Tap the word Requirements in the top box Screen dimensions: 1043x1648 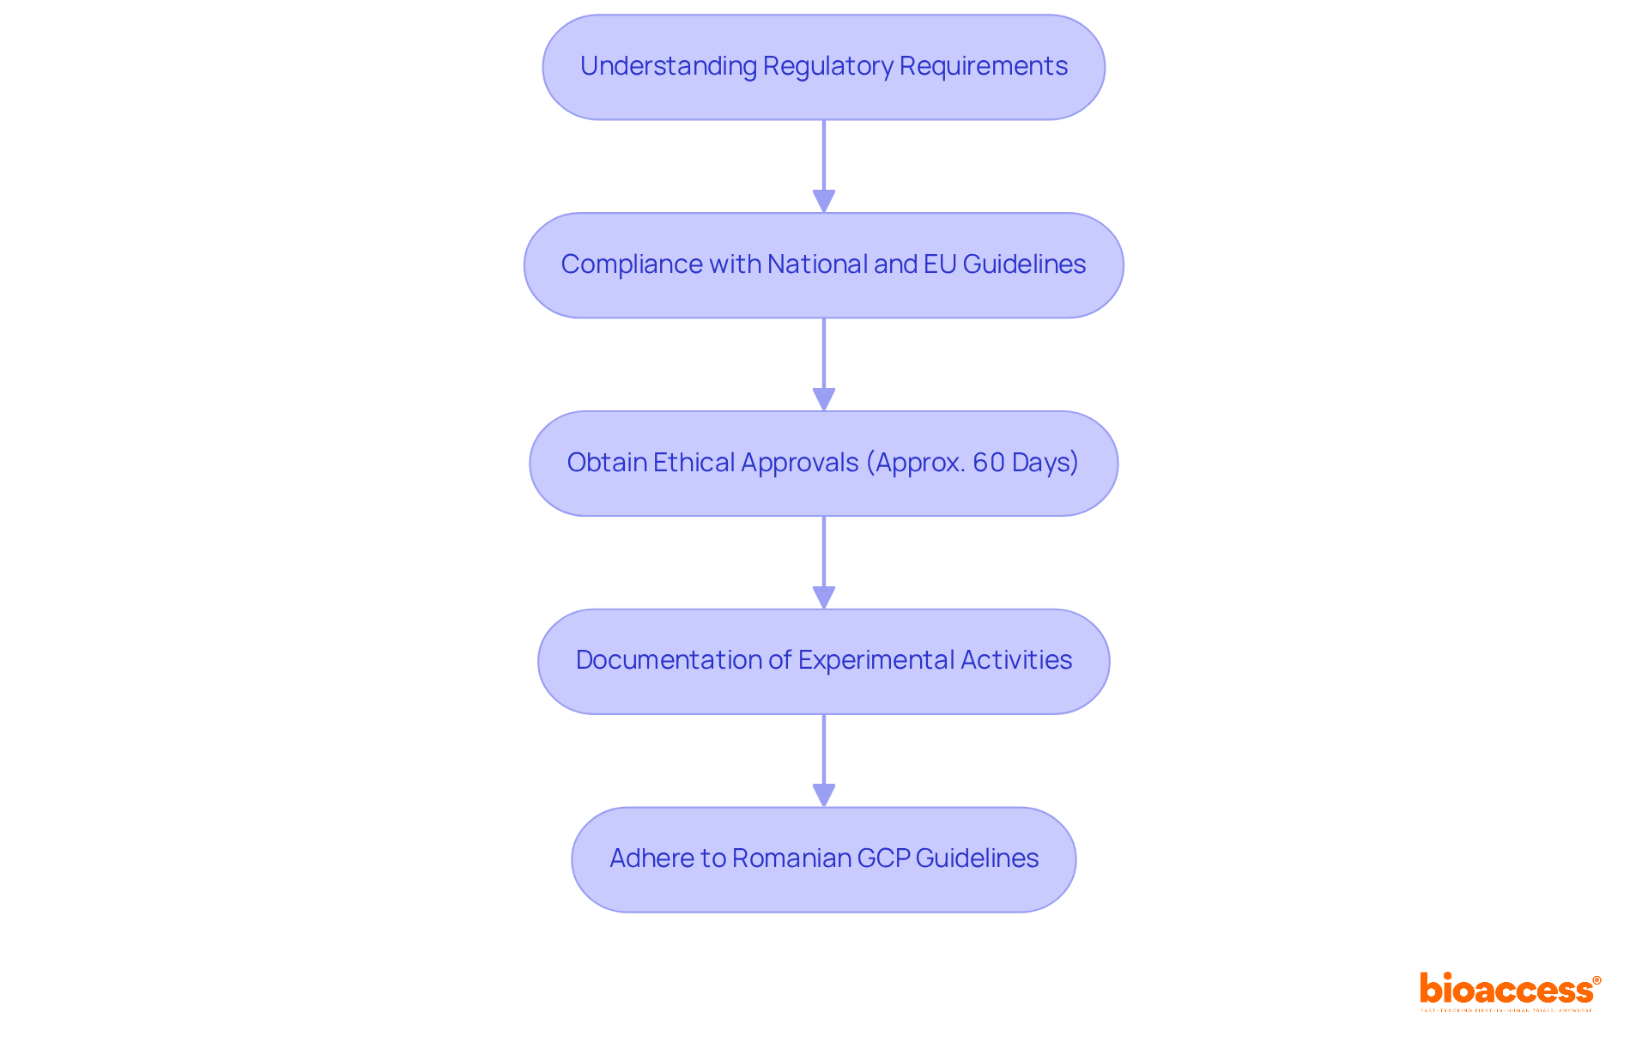coord(983,66)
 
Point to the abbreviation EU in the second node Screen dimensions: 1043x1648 coord(940,264)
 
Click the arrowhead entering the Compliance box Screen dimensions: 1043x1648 coord(824,202)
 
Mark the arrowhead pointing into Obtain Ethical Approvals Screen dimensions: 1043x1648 coord(824,400)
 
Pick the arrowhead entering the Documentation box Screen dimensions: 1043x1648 coord(824,598)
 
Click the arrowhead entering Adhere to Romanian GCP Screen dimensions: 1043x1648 coord(824,796)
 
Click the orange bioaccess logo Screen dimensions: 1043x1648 coord(1509,990)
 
